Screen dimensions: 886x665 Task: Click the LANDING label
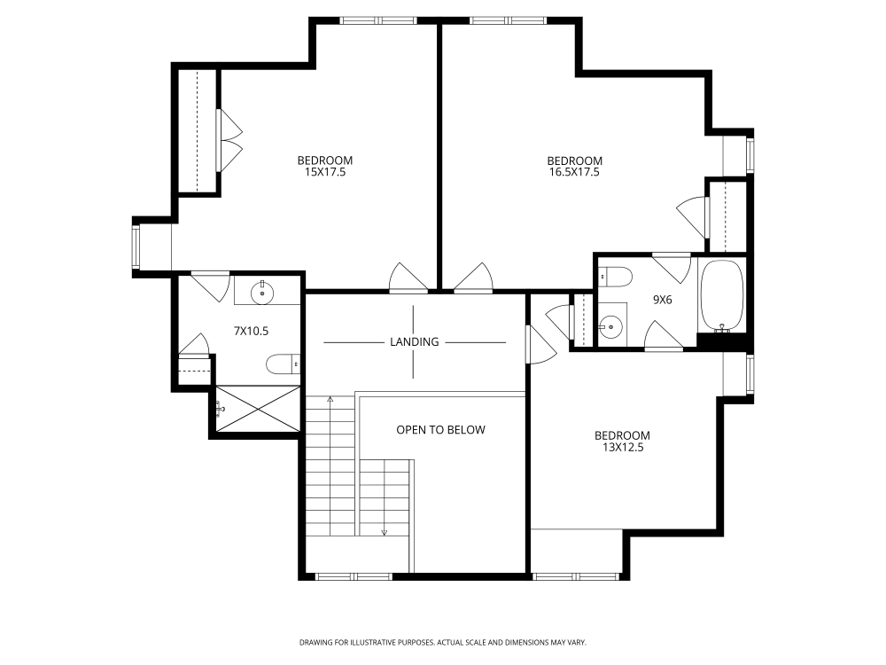[414, 341]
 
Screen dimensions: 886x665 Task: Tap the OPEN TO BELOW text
[440, 430]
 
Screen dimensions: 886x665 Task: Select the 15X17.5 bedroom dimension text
[325, 172]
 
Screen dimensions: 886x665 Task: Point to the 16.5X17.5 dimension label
[574, 172]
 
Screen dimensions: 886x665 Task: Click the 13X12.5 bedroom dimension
[622, 447]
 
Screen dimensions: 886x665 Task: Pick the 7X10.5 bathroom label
[251, 331]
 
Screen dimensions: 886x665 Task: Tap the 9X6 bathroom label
[662, 300]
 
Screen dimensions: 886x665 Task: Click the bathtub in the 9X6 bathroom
[721, 296]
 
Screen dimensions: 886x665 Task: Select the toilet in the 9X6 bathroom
[616, 277]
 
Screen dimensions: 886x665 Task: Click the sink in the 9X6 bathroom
[610, 325]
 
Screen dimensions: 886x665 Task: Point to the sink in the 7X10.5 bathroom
[262, 293]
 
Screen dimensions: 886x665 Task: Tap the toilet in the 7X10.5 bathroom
[284, 364]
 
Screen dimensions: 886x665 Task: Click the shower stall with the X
[258, 410]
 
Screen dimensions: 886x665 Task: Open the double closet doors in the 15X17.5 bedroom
[230, 140]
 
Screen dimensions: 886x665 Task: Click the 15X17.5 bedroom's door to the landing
[408, 278]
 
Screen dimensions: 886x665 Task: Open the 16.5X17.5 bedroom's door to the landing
[473, 278]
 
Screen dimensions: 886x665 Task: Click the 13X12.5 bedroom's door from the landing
[541, 344]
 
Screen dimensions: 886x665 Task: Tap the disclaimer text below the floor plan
[443, 642]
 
